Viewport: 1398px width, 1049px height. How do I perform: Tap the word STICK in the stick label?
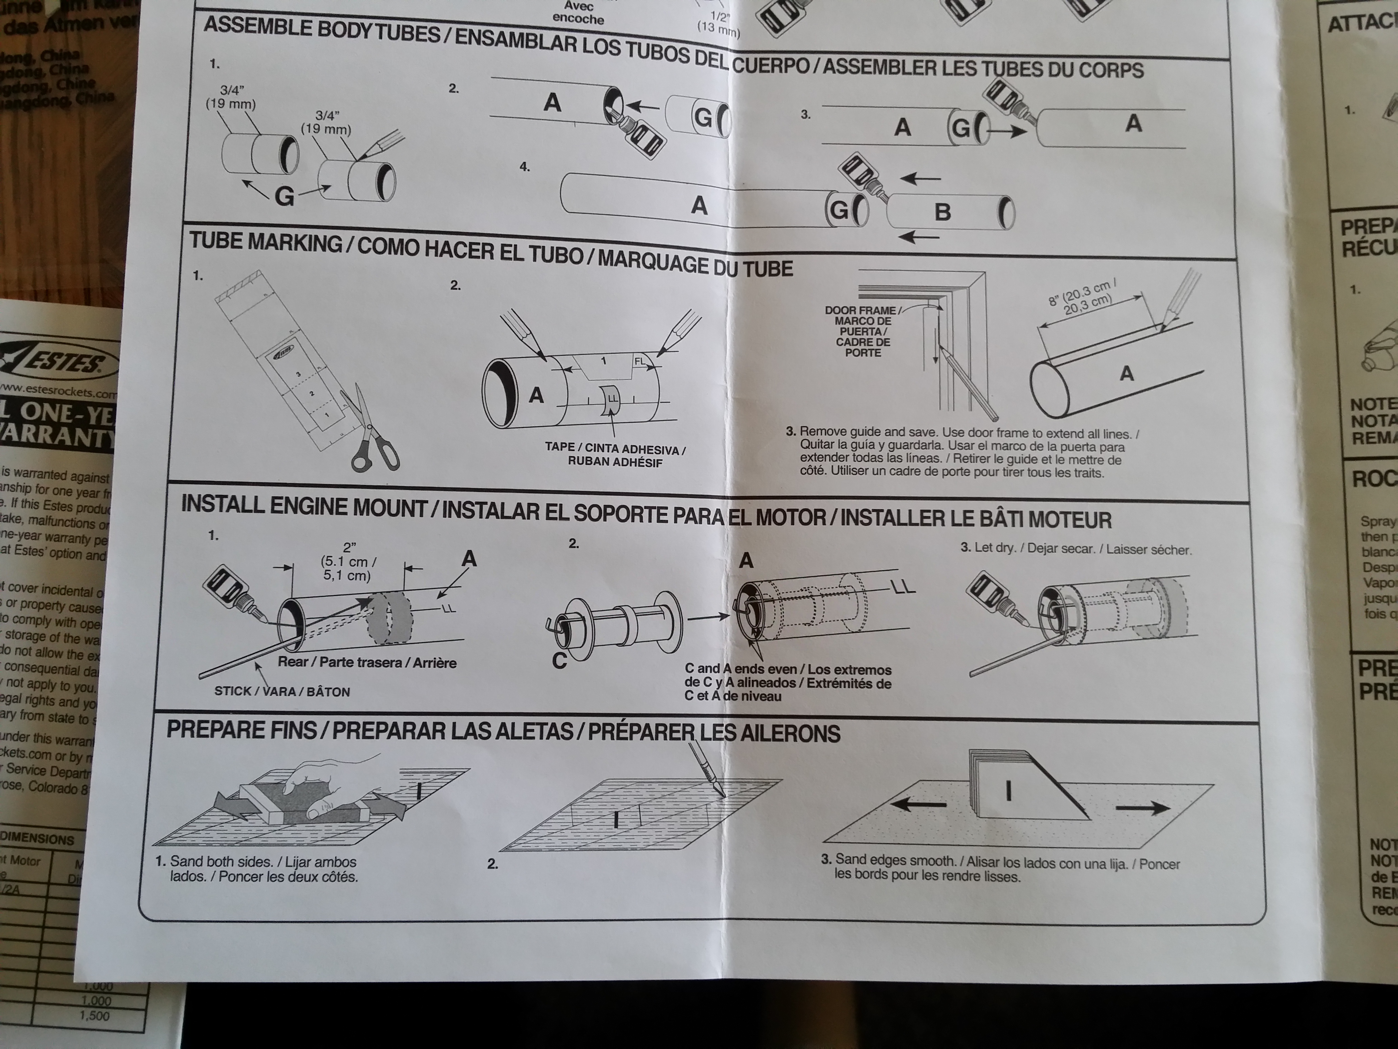point(233,691)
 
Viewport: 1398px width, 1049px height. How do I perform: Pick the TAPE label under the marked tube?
point(559,447)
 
